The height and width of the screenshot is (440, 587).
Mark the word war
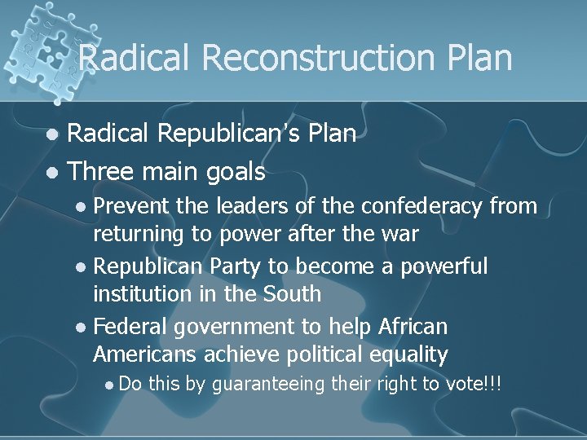[x=399, y=235]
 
